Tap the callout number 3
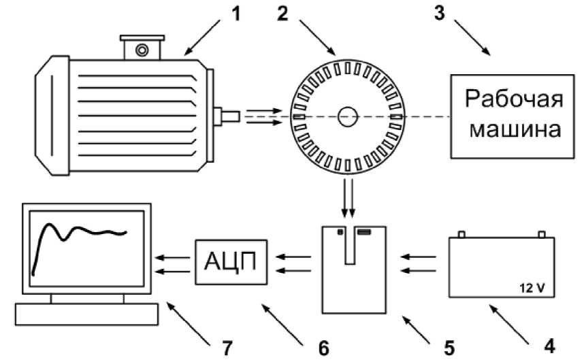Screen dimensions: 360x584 click(x=441, y=14)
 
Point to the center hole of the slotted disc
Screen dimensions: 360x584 click(x=347, y=116)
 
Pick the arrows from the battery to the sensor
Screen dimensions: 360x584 click(x=417, y=264)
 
